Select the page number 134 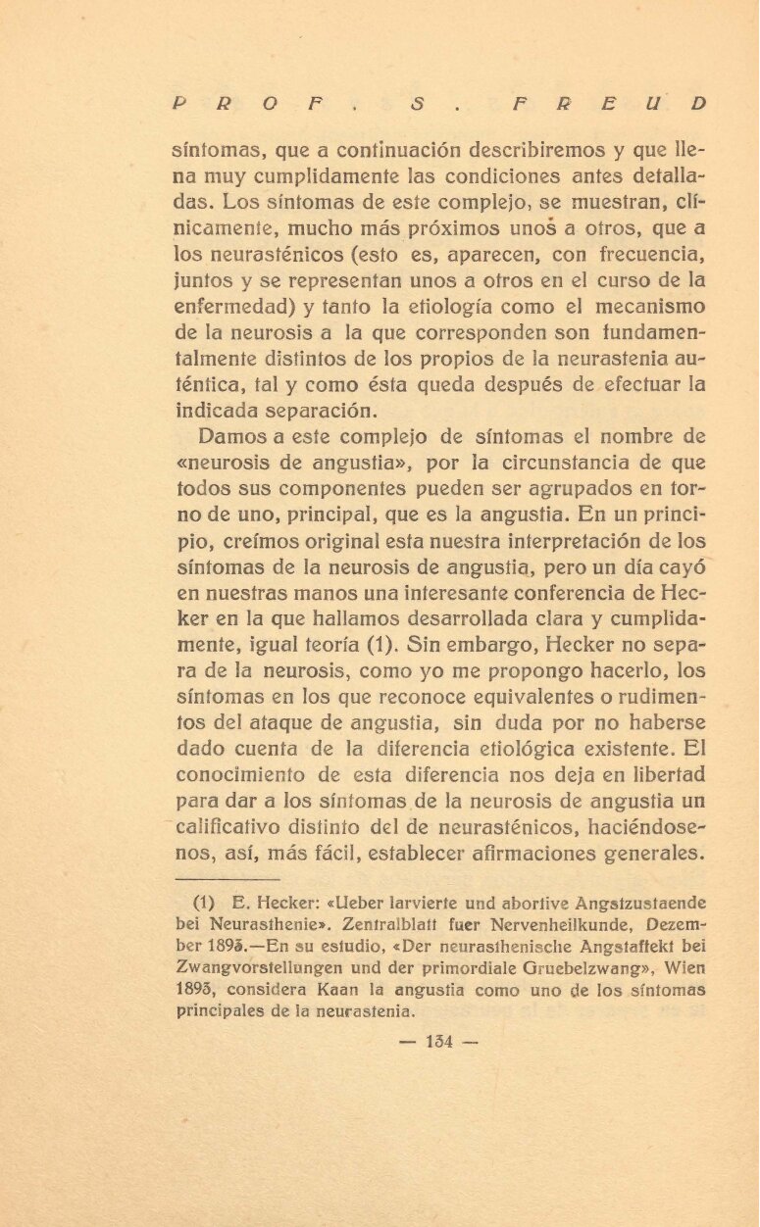click(438, 1042)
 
